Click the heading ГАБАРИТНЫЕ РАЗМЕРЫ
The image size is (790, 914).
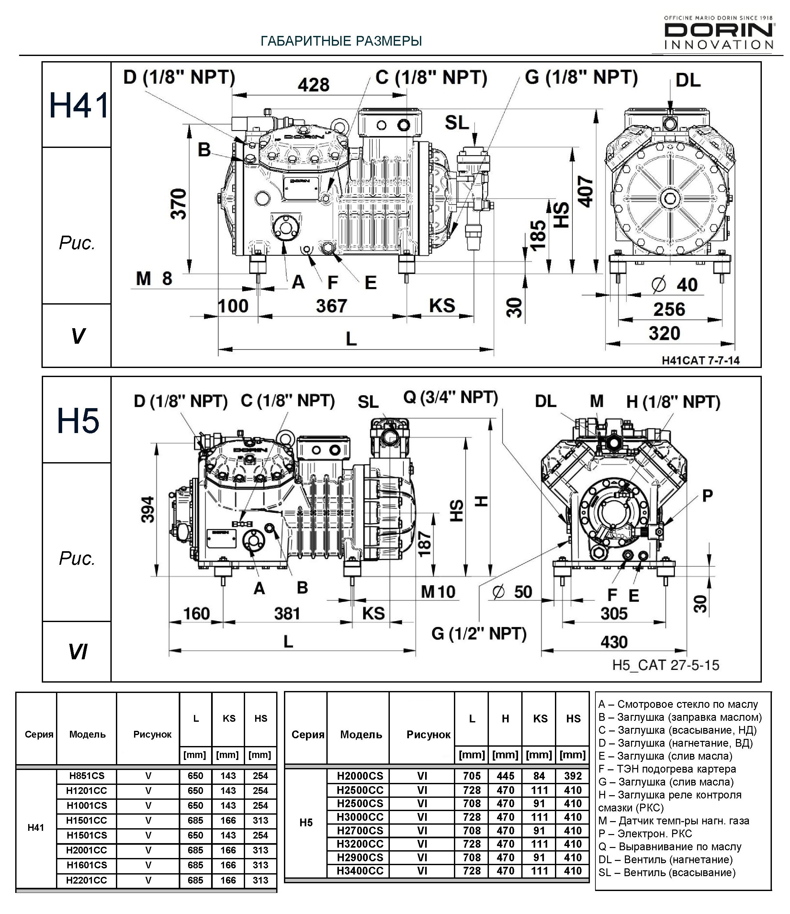(341, 41)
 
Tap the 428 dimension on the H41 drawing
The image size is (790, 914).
(313, 85)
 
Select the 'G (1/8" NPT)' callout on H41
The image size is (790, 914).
(581, 77)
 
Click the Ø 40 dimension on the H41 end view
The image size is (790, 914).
(674, 284)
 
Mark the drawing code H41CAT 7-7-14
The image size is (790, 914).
(700, 361)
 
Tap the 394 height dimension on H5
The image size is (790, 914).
(148, 509)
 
